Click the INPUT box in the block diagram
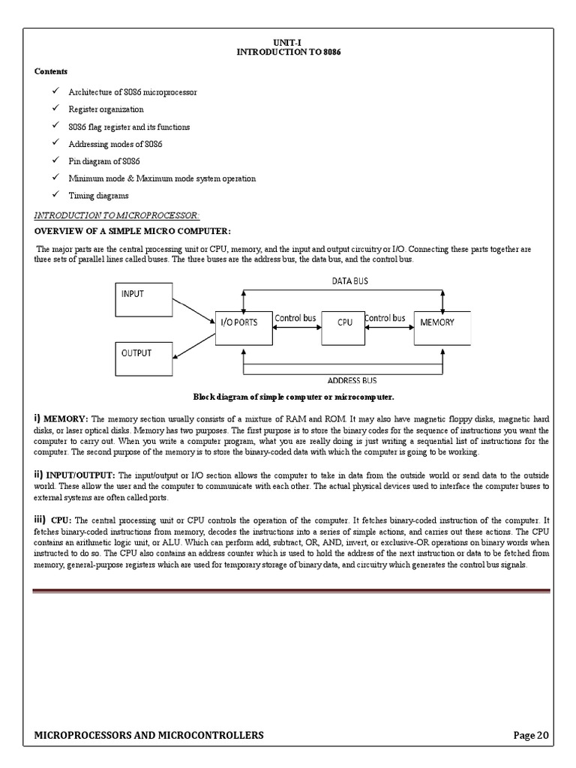(x=143, y=300)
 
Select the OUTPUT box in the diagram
(x=143, y=358)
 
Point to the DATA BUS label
(x=350, y=280)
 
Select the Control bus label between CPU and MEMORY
(x=385, y=318)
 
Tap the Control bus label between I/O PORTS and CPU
(x=295, y=318)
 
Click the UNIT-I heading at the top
(x=287, y=45)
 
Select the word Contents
(x=51, y=71)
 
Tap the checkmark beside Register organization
(x=56, y=109)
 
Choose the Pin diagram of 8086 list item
(x=104, y=161)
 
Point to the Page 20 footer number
(x=531, y=735)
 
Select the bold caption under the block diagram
(x=293, y=397)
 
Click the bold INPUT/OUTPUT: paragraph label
(x=80, y=475)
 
